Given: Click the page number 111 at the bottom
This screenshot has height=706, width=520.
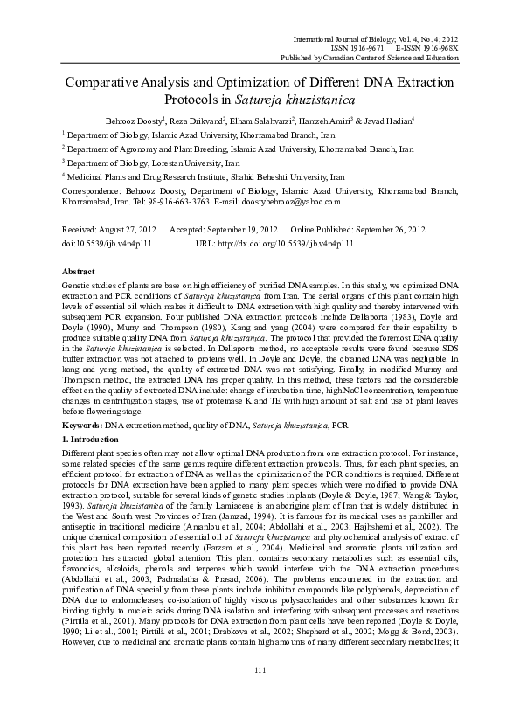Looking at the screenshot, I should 259,669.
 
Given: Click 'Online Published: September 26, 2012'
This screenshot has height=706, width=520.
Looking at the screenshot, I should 351,229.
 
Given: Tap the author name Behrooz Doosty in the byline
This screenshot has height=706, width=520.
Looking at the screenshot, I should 131,119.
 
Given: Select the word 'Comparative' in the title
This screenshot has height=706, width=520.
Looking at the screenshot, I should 111,80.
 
